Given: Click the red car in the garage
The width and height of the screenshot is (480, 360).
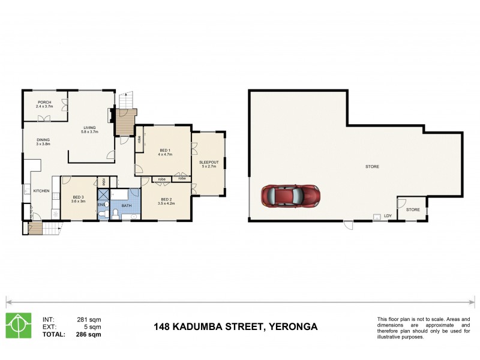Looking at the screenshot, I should coord(290,196).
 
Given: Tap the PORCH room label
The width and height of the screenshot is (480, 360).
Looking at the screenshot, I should coord(44,103).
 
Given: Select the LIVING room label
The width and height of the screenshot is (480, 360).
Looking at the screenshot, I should coord(90,127).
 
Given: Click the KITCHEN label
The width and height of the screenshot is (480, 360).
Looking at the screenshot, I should coord(41,191).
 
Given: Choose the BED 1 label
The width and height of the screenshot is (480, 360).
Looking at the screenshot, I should coord(165,150).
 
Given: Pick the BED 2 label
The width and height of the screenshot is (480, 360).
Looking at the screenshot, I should coord(165,200).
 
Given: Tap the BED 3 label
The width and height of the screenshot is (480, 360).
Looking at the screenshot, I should coord(79,197).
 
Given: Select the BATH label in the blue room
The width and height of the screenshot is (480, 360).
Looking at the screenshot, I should coord(126,206).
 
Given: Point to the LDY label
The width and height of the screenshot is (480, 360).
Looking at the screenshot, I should coord(388,217).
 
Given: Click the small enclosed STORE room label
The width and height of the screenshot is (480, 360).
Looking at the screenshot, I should coord(413,209).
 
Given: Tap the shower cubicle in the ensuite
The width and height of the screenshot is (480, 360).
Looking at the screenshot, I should coord(103,194).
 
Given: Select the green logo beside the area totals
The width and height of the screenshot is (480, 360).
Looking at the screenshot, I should coord(18,325).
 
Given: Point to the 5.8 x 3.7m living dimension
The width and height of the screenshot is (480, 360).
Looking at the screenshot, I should coord(90,131).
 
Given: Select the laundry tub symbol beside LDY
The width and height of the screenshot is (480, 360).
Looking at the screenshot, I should coord(376,217).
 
